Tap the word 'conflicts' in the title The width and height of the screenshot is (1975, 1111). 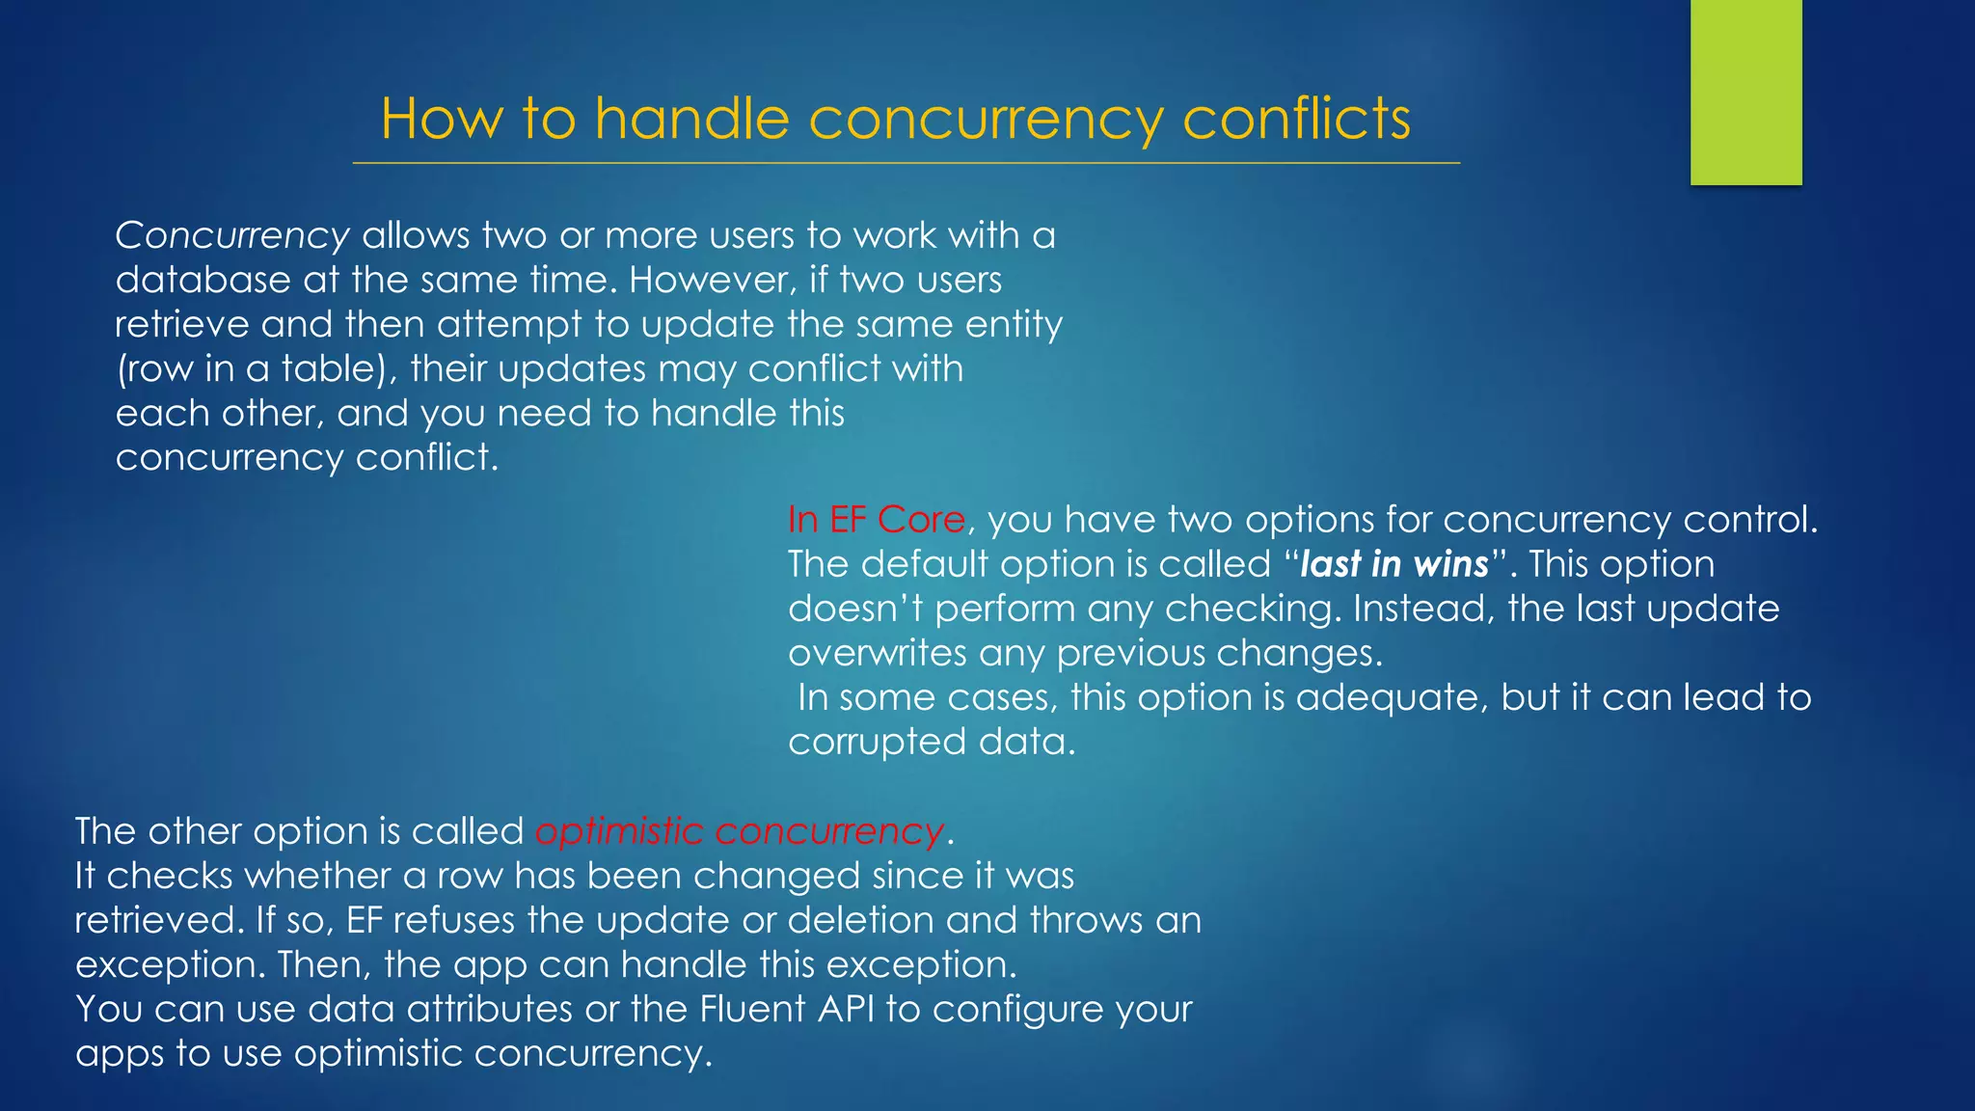pos(1296,119)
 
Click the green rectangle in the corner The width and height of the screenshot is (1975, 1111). pos(1745,92)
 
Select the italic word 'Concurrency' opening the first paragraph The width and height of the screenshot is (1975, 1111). pos(231,235)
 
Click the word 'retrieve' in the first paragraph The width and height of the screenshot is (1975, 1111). pos(181,324)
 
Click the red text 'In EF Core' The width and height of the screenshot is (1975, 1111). pos(876,520)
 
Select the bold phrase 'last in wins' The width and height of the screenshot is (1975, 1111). pos(1393,564)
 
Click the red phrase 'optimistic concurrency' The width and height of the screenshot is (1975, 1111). pos(739,831)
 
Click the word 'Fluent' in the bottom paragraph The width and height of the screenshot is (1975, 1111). pos(752,1009)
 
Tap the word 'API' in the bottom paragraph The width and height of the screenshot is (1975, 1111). pos(846,1009)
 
